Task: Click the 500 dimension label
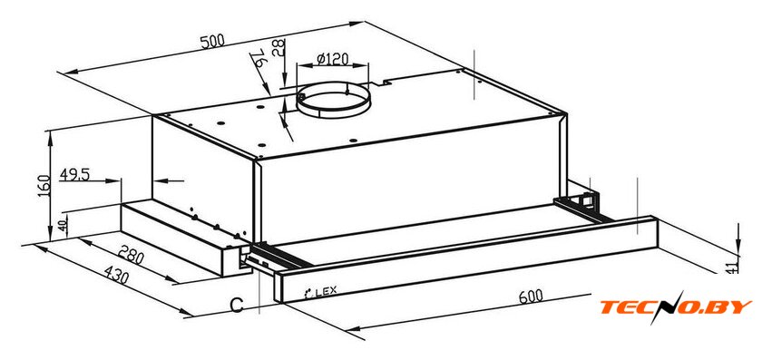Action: [212, 41]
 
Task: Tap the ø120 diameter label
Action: [332, 59]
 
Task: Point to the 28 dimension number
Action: [278, 48]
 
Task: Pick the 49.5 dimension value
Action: [74, 174]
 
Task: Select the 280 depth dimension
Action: [132, 256]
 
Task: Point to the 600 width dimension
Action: [531, 296]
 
